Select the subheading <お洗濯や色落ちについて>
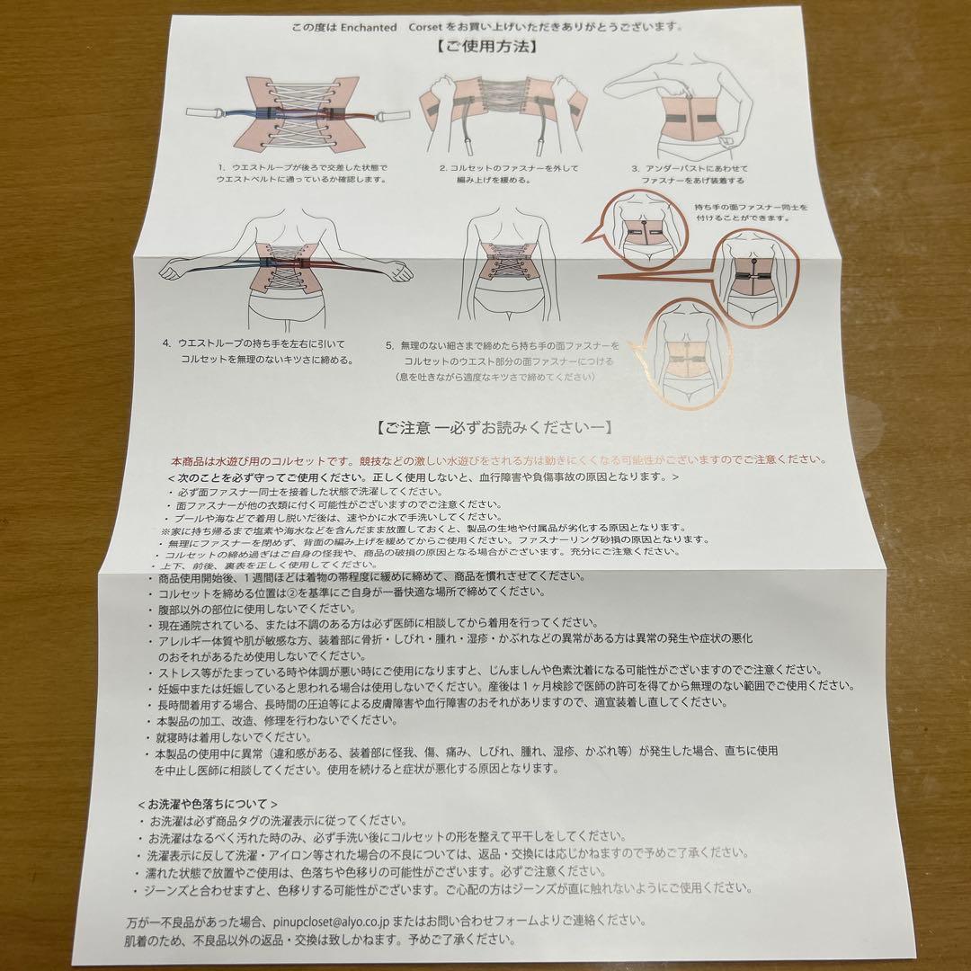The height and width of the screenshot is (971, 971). tap(208, 803)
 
